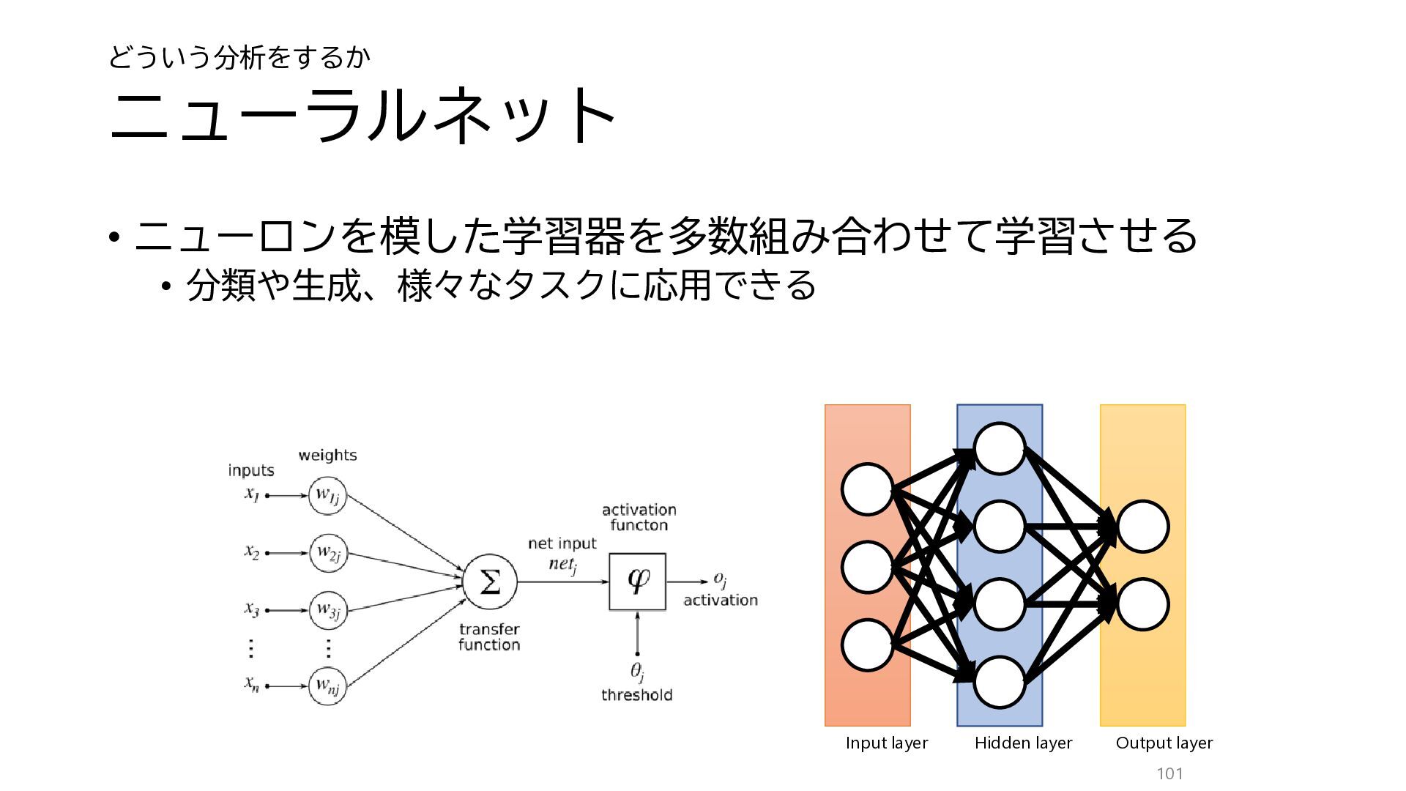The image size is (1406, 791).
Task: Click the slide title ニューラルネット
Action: tap(362, 114)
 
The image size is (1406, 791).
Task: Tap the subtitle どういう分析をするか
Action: tap(239, 57)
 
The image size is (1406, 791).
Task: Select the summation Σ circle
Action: tap(490, 582)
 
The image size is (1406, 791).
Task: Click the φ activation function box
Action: tap(638, 582)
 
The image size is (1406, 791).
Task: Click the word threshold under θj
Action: tap(637, 695)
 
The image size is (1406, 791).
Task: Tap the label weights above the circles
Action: tap(327, 455)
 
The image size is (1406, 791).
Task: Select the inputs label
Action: tap(251, 470)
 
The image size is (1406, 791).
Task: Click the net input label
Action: tap(562, 543)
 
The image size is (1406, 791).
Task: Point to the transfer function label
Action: tap(489, 637)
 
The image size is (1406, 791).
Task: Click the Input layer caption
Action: tap(887, 743)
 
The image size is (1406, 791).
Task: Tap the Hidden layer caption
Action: tap(1023, 743)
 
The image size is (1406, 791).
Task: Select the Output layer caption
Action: tap(1164, 743)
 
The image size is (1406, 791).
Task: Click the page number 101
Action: tap(1169, 773)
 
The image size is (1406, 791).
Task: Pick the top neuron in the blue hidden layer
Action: tap(1000, 449)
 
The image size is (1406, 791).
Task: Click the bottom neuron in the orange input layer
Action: tap(868, 645)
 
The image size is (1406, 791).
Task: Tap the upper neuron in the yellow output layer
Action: tap(1143, 527)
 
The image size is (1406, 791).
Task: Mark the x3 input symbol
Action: tap(252, 609)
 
